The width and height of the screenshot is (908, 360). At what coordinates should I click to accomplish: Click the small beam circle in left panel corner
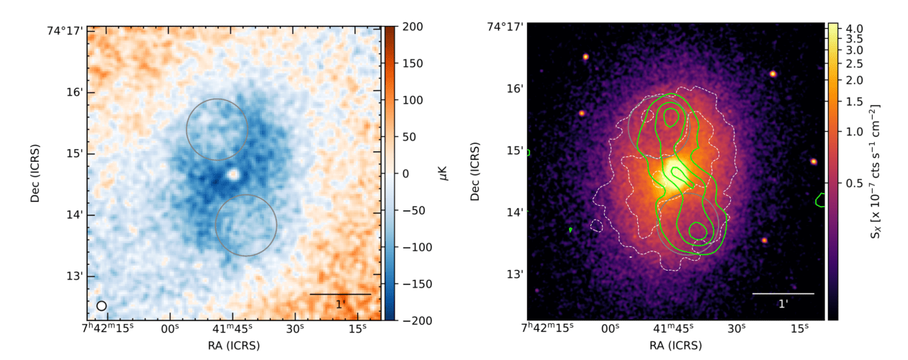click(x=102, y=305)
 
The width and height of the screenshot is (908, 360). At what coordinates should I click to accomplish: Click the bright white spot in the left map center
click(x=233, y=174)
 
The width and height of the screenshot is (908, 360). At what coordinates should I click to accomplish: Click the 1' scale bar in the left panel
click(x=340, y=294)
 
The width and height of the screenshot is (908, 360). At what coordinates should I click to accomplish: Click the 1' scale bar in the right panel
click(x=783, y=294)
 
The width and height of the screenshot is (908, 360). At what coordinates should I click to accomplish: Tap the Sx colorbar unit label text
click(x=876, y=173)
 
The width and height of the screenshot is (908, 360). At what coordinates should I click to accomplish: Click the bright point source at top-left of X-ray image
click(x=585, y=56)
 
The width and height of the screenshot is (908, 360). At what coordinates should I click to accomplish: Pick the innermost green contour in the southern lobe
click(x=697, y=231)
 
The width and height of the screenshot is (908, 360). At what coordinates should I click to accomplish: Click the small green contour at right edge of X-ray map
click(x=820, y=200)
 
